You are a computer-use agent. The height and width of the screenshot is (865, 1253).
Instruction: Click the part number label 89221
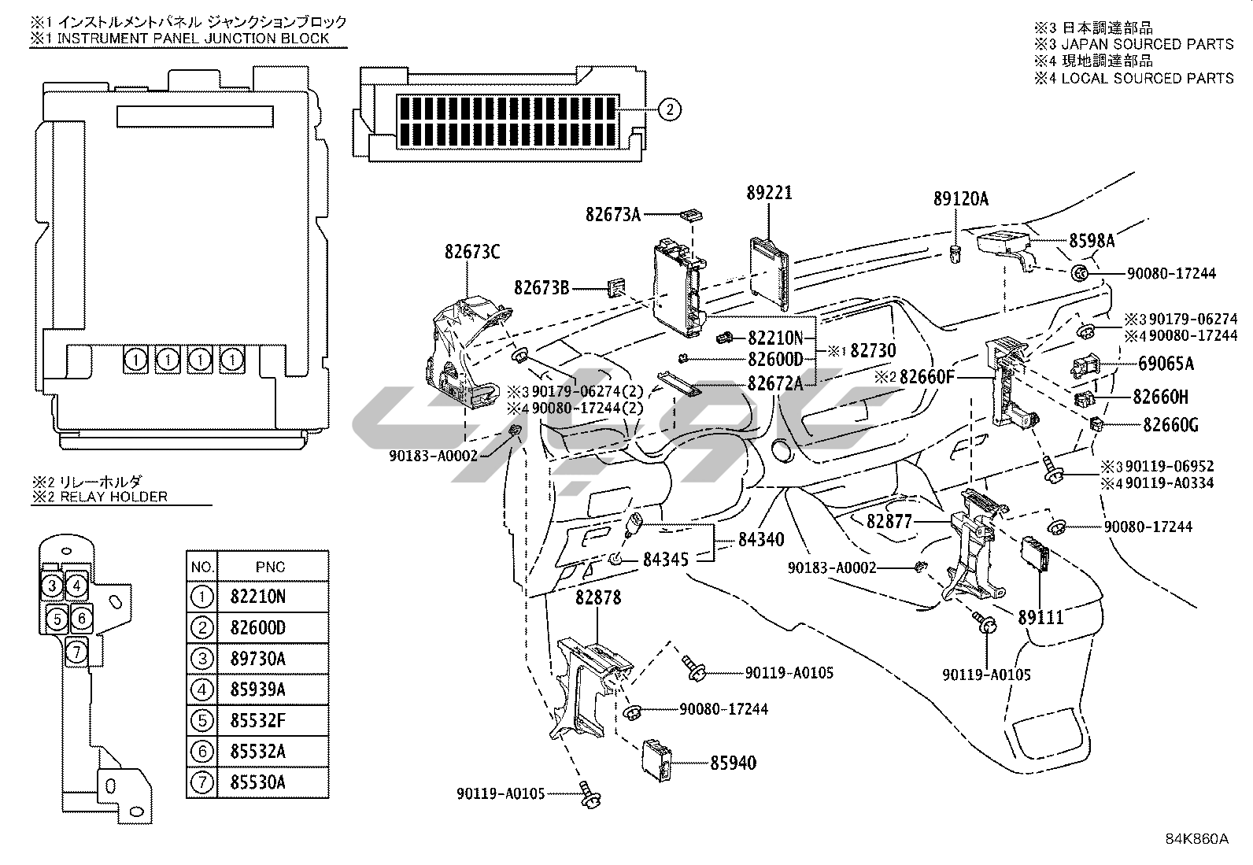(x=769, y=193)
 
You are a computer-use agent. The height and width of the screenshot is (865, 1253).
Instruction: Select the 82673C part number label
(x=472, y=252)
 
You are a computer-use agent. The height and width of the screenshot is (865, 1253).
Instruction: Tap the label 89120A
(x=960, y=200)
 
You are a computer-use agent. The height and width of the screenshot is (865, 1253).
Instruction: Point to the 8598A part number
(x=1092, y=241)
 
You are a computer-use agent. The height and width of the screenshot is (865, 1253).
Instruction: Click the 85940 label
(x=733, y=763)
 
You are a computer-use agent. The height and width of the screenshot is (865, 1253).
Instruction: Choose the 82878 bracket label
(x=597, y=597)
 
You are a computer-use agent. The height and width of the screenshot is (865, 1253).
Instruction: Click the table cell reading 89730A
(x=258, y=659)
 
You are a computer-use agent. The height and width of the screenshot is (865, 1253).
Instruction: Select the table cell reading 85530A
(x=258, y=782)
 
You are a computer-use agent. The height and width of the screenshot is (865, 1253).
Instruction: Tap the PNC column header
(x=271, y=567)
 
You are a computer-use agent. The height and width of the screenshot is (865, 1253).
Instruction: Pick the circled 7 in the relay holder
(x=76, y=652)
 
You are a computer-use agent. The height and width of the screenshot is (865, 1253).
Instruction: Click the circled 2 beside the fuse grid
(x=668, y=110)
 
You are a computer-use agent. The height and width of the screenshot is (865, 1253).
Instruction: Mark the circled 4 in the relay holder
(x=76, y=586)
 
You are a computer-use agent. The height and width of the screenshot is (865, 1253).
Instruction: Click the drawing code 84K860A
(x=1196, y=838)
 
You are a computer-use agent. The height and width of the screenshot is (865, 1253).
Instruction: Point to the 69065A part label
(x=1166, y=364)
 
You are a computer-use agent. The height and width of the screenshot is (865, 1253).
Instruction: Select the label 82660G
(x=1170, y=426)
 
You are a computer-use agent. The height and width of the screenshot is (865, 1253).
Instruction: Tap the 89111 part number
(x=1040, y=617)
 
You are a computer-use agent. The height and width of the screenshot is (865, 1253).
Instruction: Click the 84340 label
(x=761, y=540)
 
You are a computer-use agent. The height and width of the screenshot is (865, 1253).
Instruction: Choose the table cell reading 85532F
(x=258, y=720)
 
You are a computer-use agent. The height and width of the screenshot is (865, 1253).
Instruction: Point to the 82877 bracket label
(x=889, y=521)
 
